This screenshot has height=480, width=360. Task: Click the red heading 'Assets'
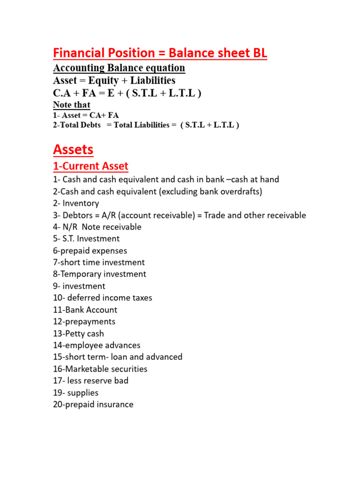(73, 150)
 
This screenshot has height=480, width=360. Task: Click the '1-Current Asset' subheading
(90, 166)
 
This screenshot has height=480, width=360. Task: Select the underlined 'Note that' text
(72, 105)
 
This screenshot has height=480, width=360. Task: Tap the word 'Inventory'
(81, 203)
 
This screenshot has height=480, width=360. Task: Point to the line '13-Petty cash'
(78, 333)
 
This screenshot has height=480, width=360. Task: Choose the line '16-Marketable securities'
(100, 369)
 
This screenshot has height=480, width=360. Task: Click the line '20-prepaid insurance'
(93, 404)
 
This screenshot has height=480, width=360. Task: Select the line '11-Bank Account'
(85, 310)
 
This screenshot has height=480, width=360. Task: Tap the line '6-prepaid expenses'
(90, 251)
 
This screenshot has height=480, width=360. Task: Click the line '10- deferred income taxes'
(102, 298)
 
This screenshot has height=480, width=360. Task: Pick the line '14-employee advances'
(97, 345)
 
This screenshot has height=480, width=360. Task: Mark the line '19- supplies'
(75, 392)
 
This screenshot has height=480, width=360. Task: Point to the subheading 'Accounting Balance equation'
(119, 68)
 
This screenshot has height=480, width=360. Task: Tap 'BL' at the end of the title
(258, 53)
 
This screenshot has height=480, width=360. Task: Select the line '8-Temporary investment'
(99, 274)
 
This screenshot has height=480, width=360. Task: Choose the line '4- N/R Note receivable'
(97, 227)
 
